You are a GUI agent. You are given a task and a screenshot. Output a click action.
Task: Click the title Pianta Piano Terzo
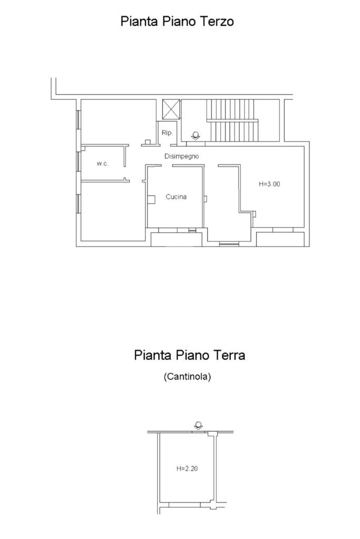[177, 21]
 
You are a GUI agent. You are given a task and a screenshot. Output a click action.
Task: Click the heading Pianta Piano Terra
[189, 355]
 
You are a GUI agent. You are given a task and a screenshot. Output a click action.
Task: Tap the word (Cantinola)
[187, 376]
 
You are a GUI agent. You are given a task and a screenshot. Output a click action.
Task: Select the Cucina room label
[176, 197]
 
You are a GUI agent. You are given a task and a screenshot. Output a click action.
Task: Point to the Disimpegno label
[181, 156]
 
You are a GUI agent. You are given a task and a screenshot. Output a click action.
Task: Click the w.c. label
[102, 164]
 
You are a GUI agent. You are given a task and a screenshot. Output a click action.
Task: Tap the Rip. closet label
[167, 133]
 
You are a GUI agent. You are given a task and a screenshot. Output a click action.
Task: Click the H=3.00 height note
[269, 184]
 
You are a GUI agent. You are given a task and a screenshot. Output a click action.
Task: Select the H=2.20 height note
[187, 468]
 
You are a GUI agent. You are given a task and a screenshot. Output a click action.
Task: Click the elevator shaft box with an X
[171, 109]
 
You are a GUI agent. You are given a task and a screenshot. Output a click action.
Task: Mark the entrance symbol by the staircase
[196, 136]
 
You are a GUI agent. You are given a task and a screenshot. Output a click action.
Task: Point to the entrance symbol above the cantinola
[198, 426]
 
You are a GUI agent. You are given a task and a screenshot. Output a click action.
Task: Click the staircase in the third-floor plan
[232, 120]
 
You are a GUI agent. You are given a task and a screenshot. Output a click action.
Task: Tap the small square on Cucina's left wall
[151, 199]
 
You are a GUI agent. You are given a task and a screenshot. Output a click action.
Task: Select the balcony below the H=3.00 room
[280, 239]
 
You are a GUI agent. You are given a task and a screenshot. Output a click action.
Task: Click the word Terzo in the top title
[217, 21]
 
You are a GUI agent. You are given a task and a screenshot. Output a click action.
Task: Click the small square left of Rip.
[148, 142]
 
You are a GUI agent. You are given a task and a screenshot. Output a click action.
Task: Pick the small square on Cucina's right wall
[205, 199]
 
